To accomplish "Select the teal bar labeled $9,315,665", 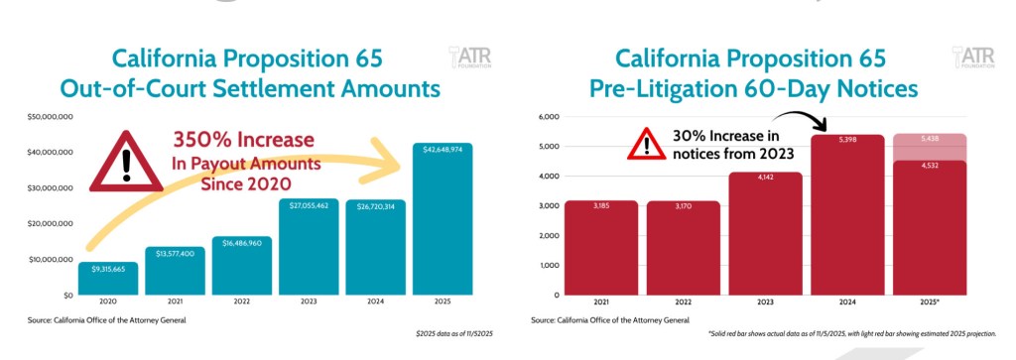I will point(107,279).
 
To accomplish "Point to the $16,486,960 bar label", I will point(242,241).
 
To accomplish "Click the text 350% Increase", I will point(244,140).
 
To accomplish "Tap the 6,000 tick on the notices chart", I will point(548,117).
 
